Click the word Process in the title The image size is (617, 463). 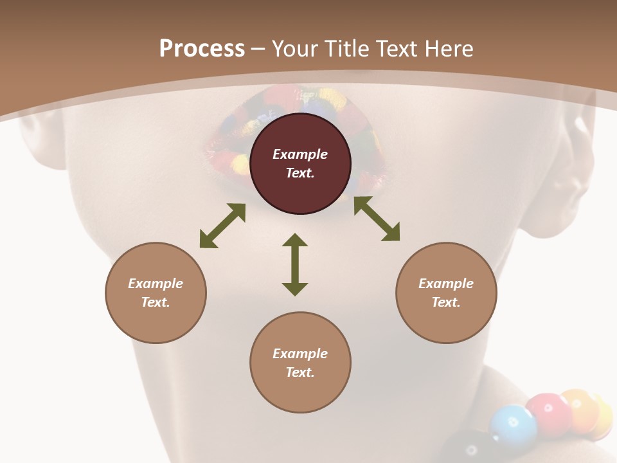[x=202, y=49]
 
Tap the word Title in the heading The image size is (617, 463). [x=350, y=49]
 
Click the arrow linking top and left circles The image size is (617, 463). [x=222, y=226]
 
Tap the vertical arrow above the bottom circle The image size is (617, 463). [x=295, y=264]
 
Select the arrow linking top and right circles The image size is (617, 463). [x=377, y=219]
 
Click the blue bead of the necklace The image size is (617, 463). [x=513, y=425]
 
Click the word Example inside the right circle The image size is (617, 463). [x=446, y=284]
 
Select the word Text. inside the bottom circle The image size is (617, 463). [x=300, y=372]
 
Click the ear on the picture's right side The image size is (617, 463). [x=576, y=167]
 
